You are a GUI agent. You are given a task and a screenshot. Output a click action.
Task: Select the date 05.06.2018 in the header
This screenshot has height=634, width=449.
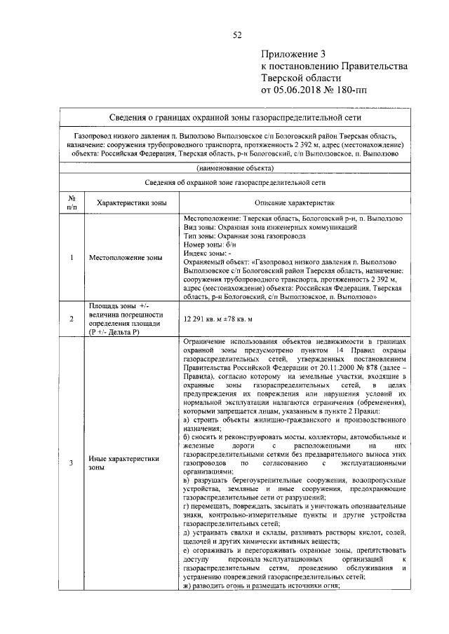[309, 90]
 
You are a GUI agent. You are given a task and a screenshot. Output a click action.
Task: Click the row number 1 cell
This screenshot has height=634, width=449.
[72, 258]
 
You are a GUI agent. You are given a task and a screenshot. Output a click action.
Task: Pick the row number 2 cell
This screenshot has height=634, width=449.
[72, 319]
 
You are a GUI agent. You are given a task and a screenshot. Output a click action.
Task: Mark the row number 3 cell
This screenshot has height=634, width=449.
[72, 463]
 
